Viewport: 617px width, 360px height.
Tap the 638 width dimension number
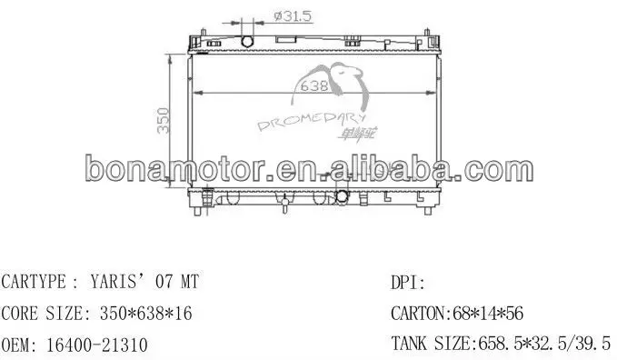click(x=314, y=87)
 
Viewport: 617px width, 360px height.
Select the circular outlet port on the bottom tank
click(x=343, y=196)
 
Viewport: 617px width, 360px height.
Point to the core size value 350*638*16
click(x=141, y=314)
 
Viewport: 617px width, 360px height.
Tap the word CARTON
click(x=415, y=314)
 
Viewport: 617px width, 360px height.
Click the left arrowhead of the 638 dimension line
click(x=198, y=95)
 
